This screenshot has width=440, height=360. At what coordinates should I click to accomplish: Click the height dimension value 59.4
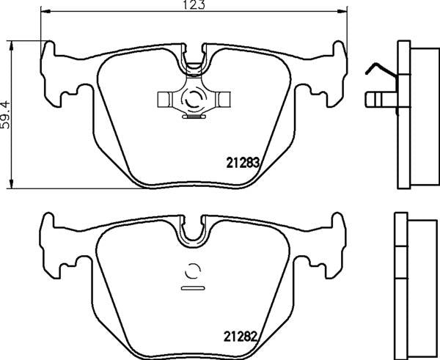click(7, 114)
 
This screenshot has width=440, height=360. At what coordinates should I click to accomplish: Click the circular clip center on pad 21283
click(193, 98)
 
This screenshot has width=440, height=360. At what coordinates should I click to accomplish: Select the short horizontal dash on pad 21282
click(193, 288)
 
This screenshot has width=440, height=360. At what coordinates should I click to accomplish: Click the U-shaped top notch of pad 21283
click(193, 62)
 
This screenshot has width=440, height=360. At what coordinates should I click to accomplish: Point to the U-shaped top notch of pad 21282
click(193, 234)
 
